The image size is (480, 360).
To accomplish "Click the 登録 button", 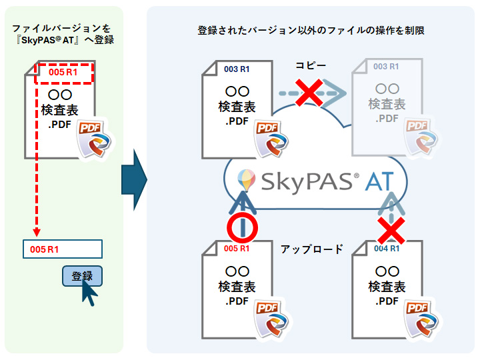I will tap(81, 275).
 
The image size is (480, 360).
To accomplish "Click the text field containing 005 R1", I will tap(62, 249).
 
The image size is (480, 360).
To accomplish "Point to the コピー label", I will tap(311, 65).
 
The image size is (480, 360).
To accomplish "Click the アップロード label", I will tap(312, 249).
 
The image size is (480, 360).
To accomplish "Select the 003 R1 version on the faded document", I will tap(386, 67).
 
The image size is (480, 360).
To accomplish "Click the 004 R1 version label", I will tap(387, 249).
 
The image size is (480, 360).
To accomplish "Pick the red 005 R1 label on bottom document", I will tap(237, 249).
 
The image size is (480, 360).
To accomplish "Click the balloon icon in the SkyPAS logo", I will tap(246, 179).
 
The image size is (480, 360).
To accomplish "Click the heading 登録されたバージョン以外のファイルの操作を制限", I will tap(311, 31).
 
